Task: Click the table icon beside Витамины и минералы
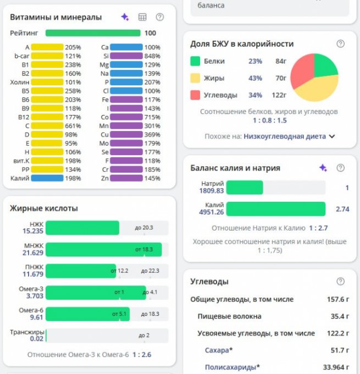[x=142, y=17]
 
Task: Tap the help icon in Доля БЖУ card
[x=340, y=44]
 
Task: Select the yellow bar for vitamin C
[x=47, y=126]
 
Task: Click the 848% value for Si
[x=152, y=56]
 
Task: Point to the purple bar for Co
[x=126, y=117]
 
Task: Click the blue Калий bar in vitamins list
[x=47, y=178]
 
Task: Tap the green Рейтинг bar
[x=93, y=33]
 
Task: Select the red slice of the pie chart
[x=302, y=70]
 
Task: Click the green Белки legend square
[x=195, y=61]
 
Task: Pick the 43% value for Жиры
[x=255, y=78]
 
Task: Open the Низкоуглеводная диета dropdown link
[x=285, y=136]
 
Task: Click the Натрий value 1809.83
[x=212, y=191]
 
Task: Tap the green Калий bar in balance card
[x=276, y=209]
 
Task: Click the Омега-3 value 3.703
[x=35, y=296]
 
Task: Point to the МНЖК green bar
[x=104, y=250]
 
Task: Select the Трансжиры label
[x=27, y=332]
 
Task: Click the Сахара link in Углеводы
[x=217, y=350]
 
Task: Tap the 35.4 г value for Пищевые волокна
[x=340, y=316]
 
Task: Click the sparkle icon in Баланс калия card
[x=323, y=168]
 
